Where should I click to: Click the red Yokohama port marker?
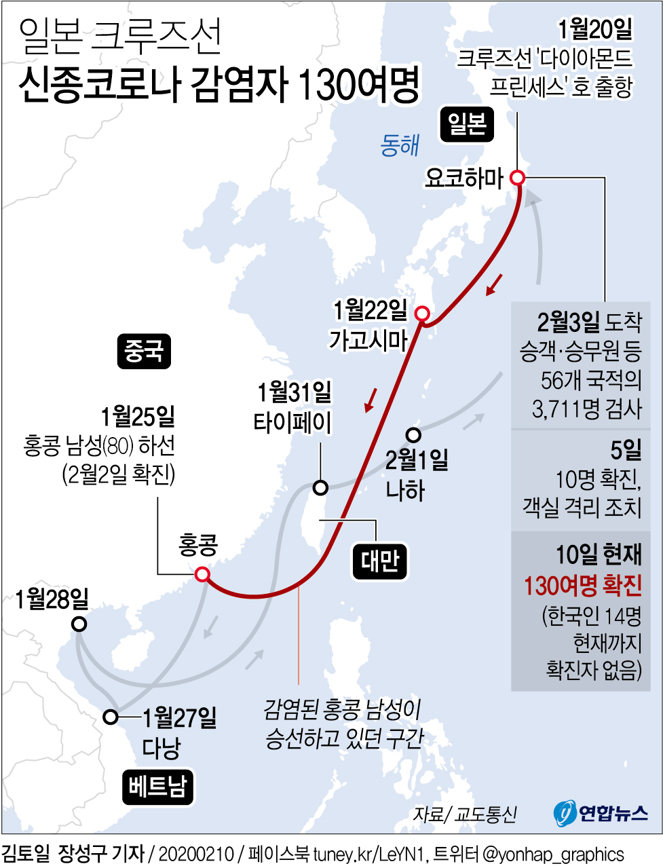pos(517,178)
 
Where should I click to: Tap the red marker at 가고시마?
pos(422,314)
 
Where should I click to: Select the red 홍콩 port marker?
pos(202,575)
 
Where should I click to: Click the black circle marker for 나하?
pos(413,434)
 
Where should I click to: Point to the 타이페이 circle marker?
pos(320,487)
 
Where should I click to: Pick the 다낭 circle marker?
pos(111,717)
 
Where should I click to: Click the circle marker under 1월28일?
pos(79,624)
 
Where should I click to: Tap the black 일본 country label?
pos(467,124)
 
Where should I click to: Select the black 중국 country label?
pos(143,351)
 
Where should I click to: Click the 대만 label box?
pos(380,561)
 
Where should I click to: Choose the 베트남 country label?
pos(158,787)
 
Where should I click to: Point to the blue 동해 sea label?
pos(400,145)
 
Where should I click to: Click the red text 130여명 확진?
pos(582,585)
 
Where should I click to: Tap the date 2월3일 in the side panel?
pos(568,322)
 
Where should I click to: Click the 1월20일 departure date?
pos(595,29)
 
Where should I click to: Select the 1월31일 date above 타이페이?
pos(295,392)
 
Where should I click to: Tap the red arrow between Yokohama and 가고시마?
pos(495,284)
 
